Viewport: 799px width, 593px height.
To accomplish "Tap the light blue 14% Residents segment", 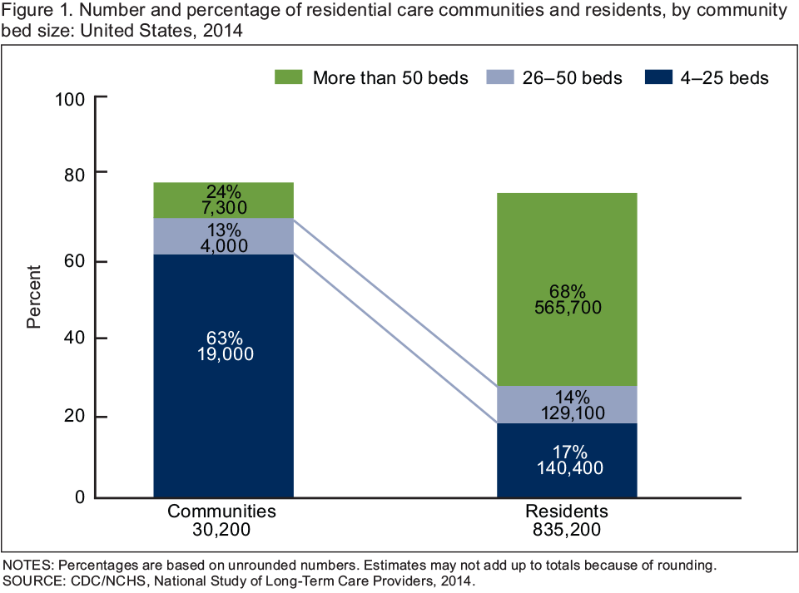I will [566, 404].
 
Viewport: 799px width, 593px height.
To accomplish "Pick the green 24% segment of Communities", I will [223, 200].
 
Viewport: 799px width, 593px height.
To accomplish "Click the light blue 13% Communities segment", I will [223, 236].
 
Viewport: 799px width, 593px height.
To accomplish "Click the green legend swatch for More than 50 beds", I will [287, 77].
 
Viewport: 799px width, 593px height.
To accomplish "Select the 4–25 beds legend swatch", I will [658, 77].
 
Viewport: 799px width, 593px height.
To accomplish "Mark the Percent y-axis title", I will [33, 297].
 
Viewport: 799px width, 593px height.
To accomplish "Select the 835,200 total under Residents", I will [567, 528].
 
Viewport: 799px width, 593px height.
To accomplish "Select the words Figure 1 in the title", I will [32, 11].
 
